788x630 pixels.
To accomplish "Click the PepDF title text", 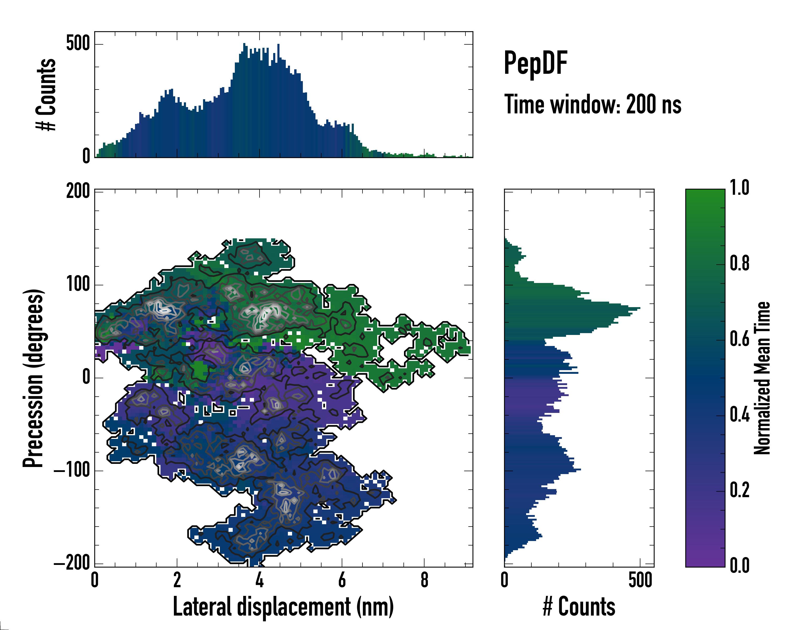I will tap(535, 63).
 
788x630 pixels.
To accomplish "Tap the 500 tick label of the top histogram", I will tap(78, 44).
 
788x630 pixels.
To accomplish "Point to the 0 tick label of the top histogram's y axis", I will tap(86, 156).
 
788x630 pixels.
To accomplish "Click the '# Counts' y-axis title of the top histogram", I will tap(46, 94).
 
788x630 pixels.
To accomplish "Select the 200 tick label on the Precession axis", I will tap(78, 191).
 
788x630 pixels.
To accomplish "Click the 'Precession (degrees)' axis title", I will tap(34, 378).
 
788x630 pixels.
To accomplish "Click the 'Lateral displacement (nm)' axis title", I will tap(283, 607).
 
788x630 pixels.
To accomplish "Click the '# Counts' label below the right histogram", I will tap(579, 607).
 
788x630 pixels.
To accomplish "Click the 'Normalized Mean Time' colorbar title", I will tap(763, 378).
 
